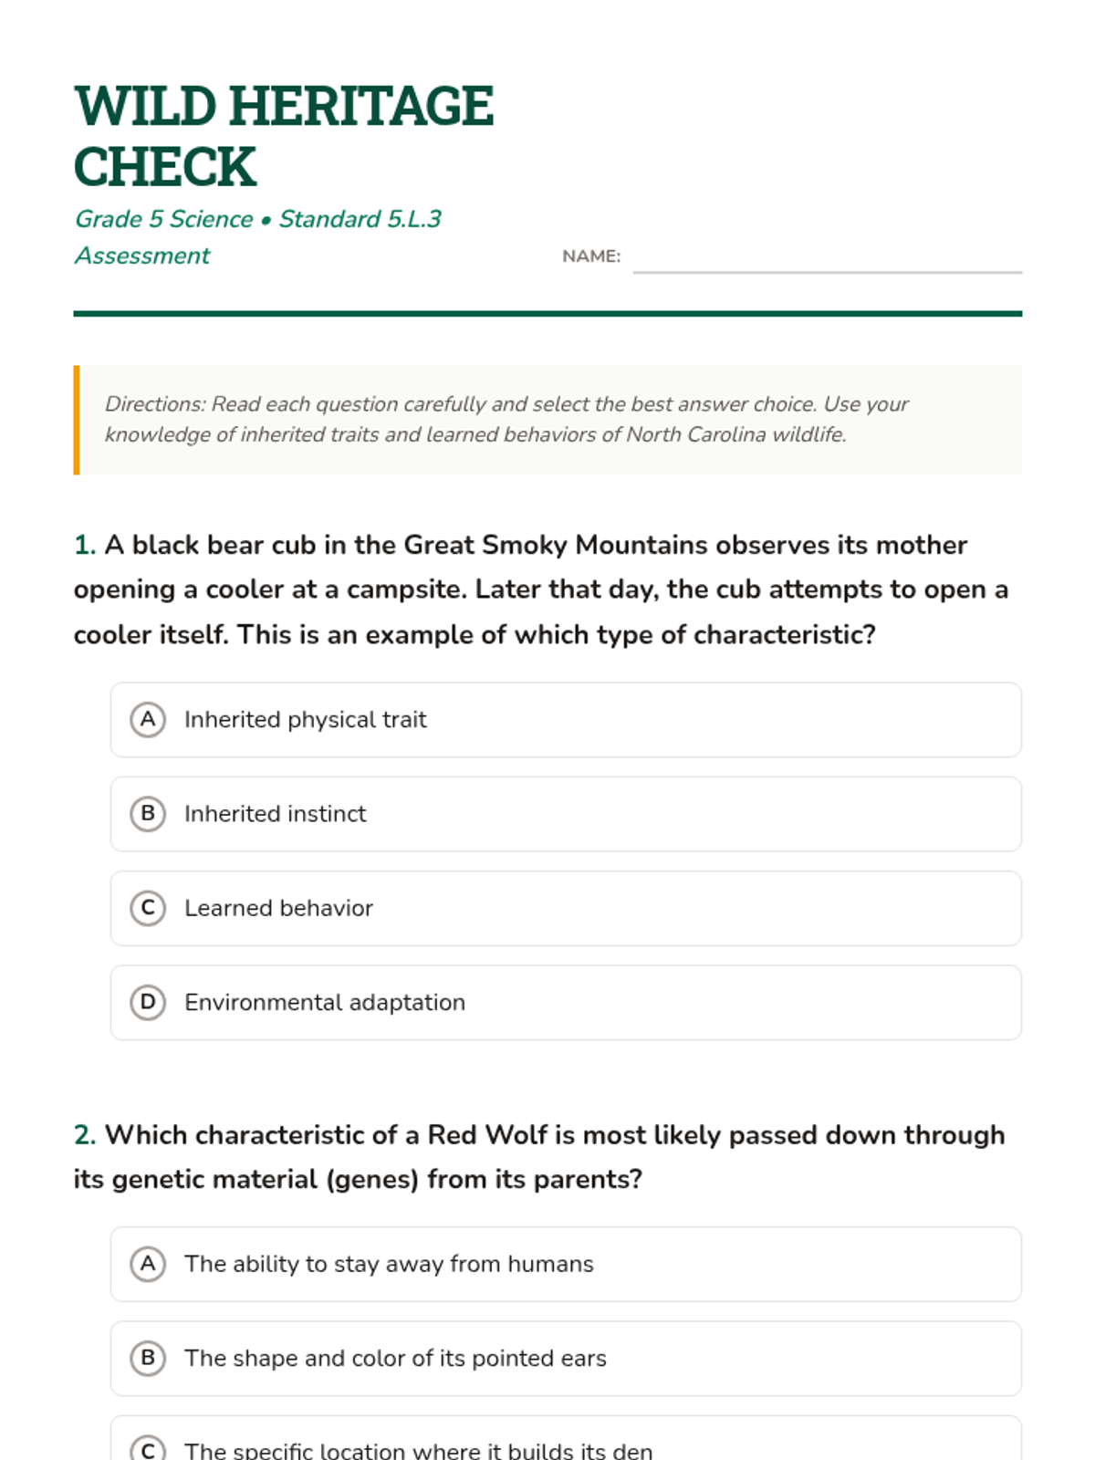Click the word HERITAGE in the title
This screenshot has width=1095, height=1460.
(361, 107)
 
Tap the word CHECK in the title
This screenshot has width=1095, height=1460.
(165, 167)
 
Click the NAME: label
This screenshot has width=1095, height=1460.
(591, 256)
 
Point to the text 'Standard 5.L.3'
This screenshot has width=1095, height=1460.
(360, 219)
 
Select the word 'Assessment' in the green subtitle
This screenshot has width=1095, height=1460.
(142, 255)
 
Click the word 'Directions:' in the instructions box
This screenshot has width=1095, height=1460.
(155, 404)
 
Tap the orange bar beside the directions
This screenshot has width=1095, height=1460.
(77, 420)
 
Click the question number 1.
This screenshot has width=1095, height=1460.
(84, 545)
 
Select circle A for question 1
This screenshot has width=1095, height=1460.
(148, 720)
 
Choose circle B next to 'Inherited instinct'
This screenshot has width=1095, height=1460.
(148, 814)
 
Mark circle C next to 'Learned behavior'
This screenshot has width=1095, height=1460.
(148, 908)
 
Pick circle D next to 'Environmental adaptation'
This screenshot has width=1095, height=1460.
(148, 1002)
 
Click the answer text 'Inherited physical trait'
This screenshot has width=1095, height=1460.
(305, 720)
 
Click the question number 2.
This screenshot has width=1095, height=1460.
(84, 1135)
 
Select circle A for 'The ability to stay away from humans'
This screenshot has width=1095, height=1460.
(148, 1264)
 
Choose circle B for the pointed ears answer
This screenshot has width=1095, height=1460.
(148, 1358)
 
